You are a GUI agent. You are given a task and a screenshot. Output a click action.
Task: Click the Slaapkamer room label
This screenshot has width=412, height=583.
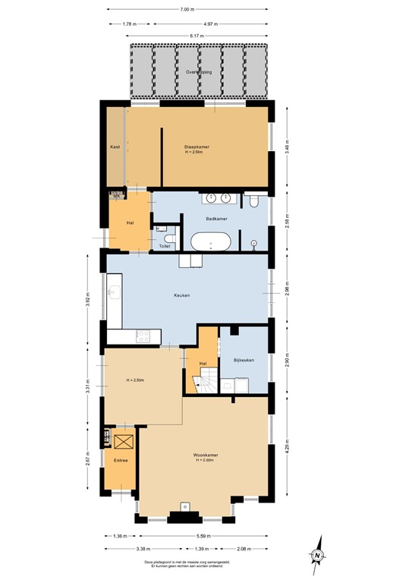(x=197, y=146)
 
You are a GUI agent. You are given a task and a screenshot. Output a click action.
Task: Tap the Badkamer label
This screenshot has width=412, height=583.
(x=217, y=219)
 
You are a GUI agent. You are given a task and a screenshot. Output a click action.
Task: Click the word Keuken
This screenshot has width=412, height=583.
(x=181, y=295)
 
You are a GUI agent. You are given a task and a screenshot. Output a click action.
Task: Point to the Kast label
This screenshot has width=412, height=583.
(x=115, y=147)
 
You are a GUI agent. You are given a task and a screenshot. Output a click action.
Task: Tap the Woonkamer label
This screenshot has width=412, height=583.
(x=206, y=456)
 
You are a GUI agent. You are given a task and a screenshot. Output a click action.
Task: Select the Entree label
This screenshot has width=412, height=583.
(x=121, y=461)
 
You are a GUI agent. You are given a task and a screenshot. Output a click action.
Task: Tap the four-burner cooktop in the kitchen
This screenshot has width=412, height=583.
(x=142, y=335)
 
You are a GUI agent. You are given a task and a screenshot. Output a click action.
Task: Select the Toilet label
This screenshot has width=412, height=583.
(x=165, y=246)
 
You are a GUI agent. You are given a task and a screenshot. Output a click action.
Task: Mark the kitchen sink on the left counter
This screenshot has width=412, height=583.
(x=115, y=293)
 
